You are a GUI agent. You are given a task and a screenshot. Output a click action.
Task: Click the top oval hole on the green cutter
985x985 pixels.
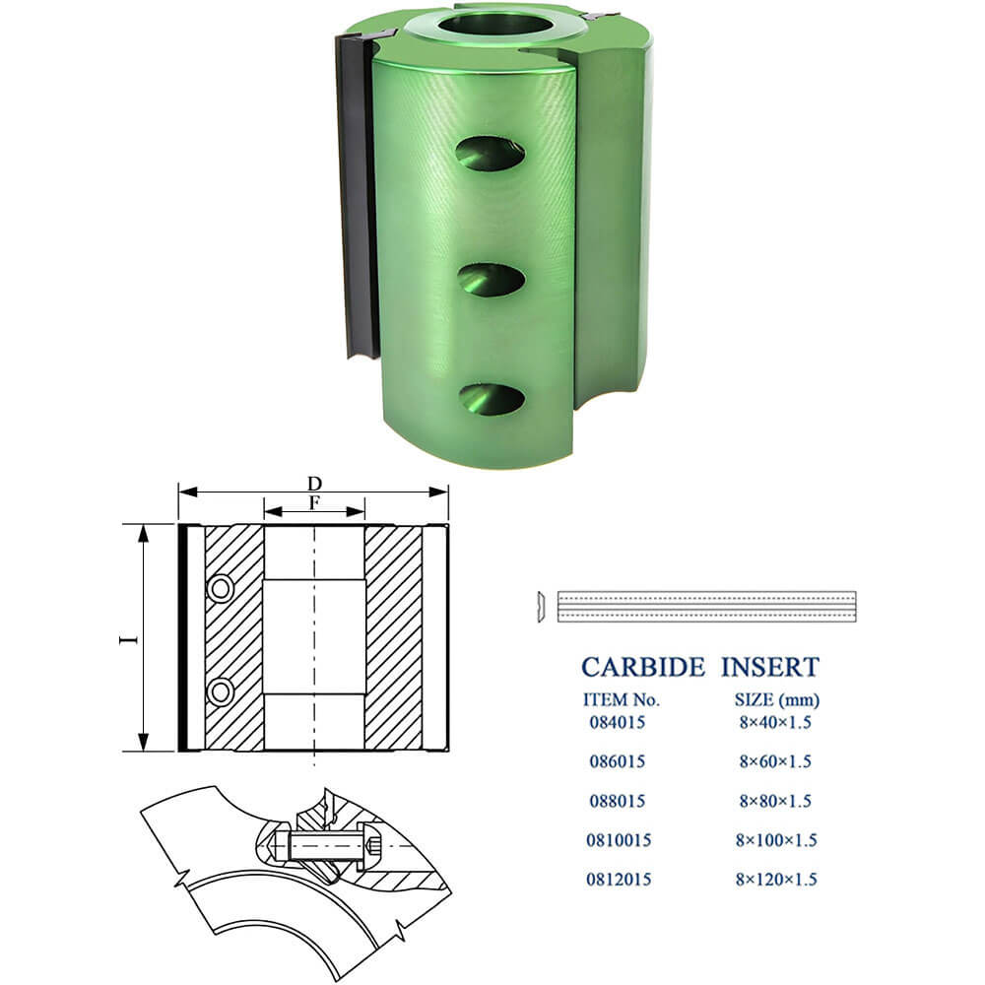[491, 154]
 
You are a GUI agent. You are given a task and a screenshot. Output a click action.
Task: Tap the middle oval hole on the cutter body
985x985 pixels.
[492, 280]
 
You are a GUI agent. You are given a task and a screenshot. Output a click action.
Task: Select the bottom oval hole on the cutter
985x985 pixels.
[492, 400]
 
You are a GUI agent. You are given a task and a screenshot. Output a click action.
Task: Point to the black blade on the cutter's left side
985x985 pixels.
[357, 195]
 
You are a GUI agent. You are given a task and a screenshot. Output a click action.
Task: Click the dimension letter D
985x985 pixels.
[314, 483]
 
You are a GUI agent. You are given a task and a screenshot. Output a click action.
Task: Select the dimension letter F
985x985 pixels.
[314, 502]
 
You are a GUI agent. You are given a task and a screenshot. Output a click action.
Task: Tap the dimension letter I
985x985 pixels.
[129, 639]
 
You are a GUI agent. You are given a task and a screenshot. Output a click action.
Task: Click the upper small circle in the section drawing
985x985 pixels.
[221, 589]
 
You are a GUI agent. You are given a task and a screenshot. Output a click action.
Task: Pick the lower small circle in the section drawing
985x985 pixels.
[221, 692]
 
